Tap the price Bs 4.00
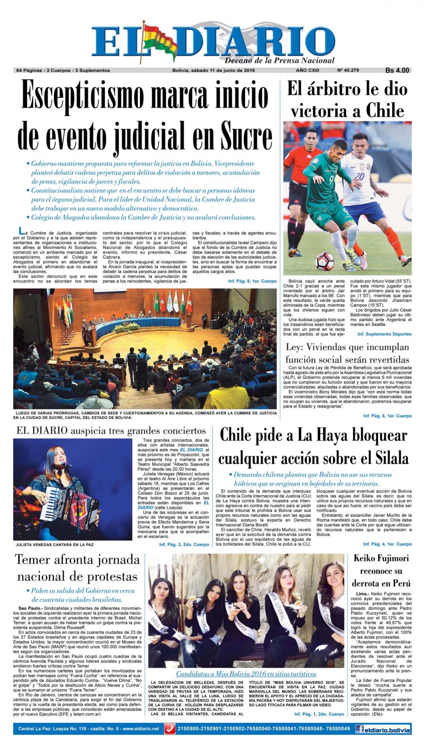(x=397, y=70)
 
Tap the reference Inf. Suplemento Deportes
(x=384, y=334)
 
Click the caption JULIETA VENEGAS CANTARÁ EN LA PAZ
(x=55, y=544)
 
